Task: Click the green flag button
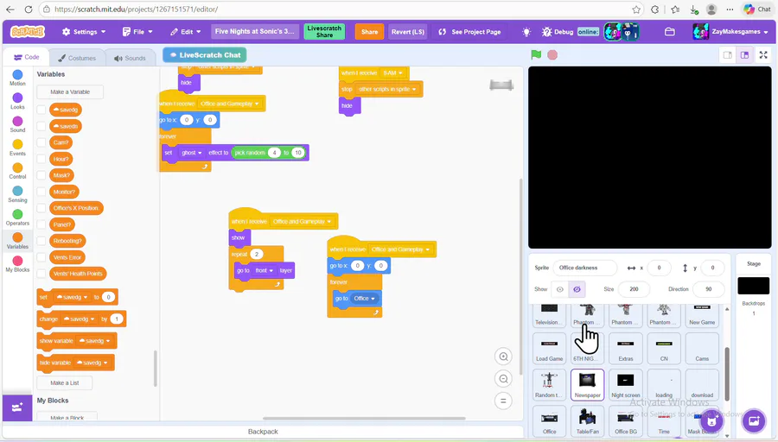pos(536,54)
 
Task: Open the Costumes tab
pos(77,58)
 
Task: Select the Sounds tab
pos(130,58)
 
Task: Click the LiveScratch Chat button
pos(204,55)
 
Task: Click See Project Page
pos(469,32)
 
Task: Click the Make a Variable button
pos(70,92)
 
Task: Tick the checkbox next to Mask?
pos(41,175)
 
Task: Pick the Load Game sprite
pos(549,348)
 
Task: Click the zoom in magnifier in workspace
pos(503,357)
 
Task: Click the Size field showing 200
pos(633,289)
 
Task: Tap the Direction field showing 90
pos(708,289)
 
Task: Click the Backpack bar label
pos(263,432)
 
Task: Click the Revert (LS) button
pos(407,32)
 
